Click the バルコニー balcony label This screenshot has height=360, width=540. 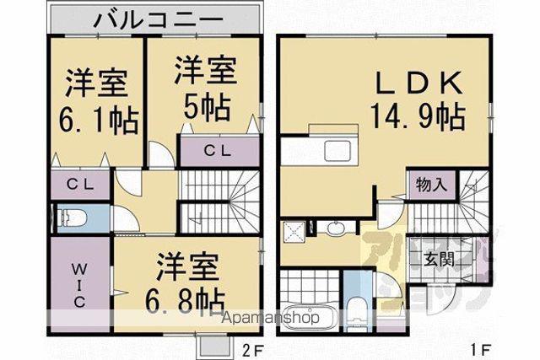159,19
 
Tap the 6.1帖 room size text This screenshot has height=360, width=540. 99,121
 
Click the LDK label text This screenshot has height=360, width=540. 418,83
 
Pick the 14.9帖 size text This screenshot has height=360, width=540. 418,116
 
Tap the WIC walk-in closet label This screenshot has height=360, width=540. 78,285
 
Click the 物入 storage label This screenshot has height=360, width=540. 431,185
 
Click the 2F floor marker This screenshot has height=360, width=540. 253,351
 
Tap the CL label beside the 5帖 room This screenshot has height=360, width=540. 217,150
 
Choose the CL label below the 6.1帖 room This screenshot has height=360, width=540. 80,185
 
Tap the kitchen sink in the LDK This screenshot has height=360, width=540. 337,150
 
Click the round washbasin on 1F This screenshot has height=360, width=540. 335,228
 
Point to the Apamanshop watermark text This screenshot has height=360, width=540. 270,318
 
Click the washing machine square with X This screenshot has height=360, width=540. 294,233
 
